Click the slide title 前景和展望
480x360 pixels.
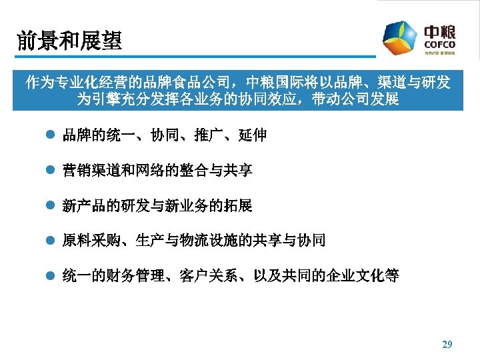tap(70, 41)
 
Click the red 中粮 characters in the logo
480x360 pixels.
tap(440, 31)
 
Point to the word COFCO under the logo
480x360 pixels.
tap(439, 45)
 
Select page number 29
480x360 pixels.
tap(447, 345)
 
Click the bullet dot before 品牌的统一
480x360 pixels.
tap(47, 136)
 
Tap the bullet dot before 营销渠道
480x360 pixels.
tap(47, 171)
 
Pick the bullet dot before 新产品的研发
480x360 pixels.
tap(47, 206)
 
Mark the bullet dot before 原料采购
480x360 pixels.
tap(47, 241)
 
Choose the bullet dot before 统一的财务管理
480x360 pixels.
tap(47, 275)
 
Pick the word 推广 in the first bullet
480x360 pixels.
tap(209, 136)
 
